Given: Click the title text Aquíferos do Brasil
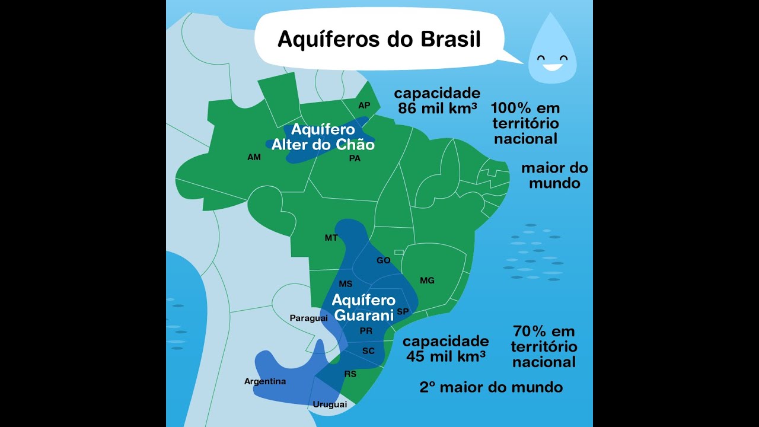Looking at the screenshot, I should point(379,39).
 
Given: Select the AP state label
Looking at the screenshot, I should point(364,106).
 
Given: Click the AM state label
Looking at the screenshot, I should point(254,158).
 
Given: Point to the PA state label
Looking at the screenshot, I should point(355,158).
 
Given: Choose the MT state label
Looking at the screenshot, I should point(331,238).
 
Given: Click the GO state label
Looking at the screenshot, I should point(384,260).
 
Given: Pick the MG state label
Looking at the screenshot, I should point(427,281).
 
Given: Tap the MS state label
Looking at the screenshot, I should point(346,284).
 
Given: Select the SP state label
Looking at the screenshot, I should point(403,311).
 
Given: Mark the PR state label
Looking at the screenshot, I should point(366,331).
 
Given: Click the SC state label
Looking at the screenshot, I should point(368,351).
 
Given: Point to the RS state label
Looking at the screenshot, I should point(350,374).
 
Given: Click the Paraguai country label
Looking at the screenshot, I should point(308,318).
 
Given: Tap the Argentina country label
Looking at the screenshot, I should point(265,381).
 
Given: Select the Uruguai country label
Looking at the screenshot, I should point(330,404).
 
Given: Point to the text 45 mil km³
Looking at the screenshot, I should point(447,356).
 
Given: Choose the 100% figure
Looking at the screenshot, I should point(511,109).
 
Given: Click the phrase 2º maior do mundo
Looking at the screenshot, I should point(491,387).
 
